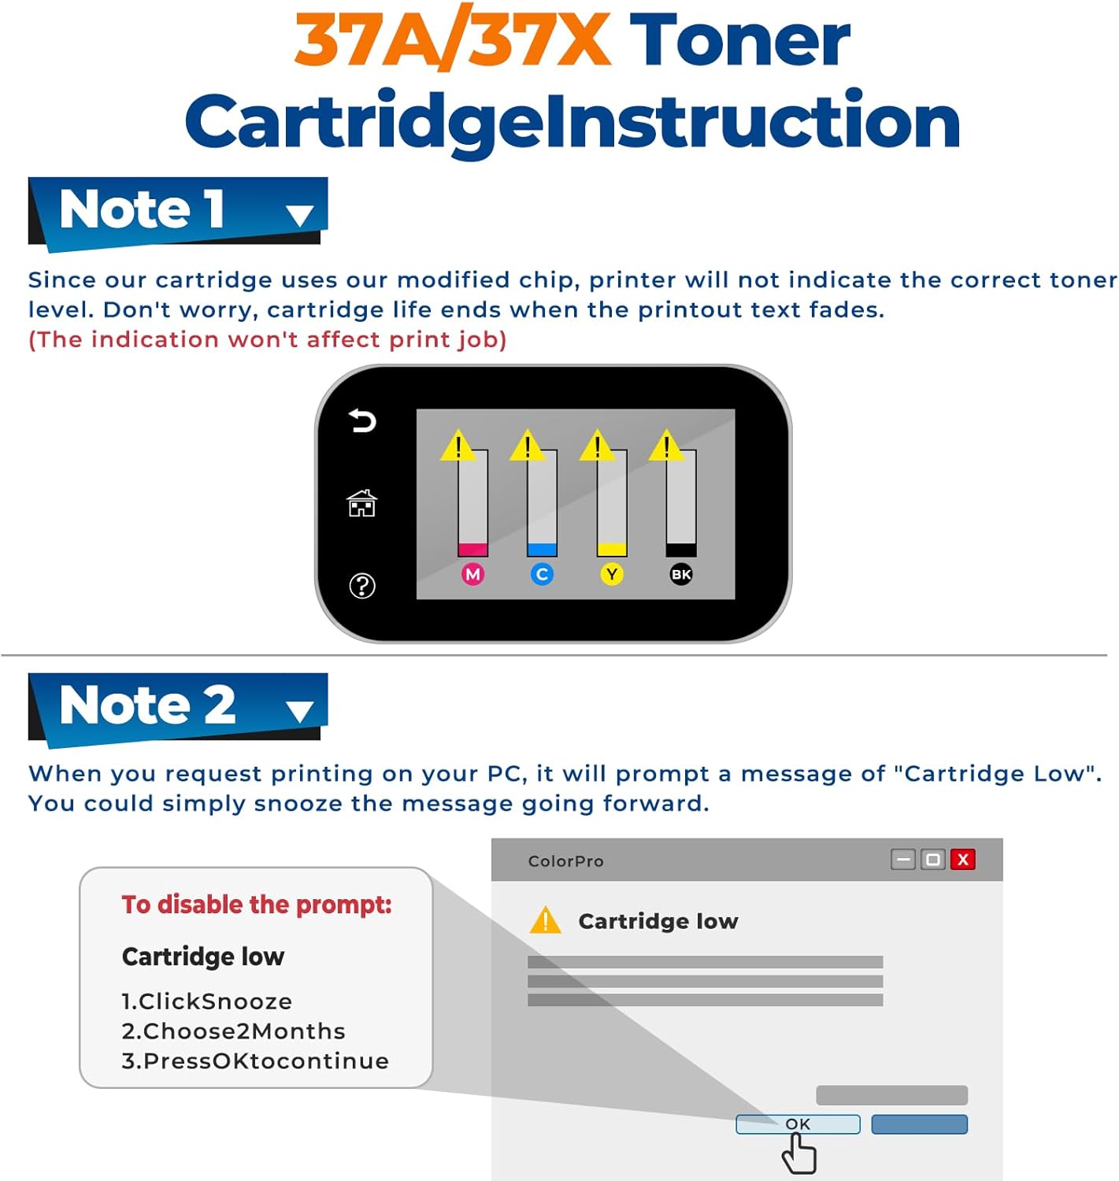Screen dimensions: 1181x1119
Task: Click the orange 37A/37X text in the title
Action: [x=452, y=41]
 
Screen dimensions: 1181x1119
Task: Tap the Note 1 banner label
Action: [x=142, y=209]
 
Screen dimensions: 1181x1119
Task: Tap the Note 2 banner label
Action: [x=147, y=704]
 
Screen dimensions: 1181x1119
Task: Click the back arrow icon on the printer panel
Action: [x=362, y=421]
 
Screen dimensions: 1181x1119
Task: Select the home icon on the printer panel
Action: [x=362, y=503]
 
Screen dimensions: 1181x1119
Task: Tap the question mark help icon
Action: [x=362, y=586]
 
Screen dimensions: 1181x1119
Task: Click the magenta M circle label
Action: [x=472, y=574]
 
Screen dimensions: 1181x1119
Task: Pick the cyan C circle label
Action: [x=542, y=574]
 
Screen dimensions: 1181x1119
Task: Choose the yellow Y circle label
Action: [x=612, y=574]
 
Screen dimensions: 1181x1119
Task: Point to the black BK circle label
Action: [x=681, y=574]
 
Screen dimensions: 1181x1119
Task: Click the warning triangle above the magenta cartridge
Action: [x=458, y=446]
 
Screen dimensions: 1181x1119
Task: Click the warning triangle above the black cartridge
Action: [x=666, y=446]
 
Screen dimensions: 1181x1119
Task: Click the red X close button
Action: [x=962, y=859]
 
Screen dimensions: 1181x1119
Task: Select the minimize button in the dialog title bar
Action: [x=903, y=859]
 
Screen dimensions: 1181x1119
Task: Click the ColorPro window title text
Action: [x=565, y=861]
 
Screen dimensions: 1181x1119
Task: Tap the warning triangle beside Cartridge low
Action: [x=545, y=920]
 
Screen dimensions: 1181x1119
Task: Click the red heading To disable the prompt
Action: [x=257, y=905]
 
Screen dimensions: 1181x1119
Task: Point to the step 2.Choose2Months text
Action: [x=233, y=1031]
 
